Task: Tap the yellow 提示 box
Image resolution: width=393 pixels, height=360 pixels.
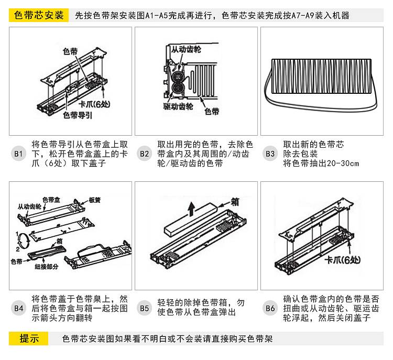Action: point(30,338)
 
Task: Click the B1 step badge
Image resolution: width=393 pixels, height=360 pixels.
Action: point(18,154)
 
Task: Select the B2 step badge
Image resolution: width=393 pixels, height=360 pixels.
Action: point(144,154)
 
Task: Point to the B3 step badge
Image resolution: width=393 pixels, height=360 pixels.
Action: point(270,154)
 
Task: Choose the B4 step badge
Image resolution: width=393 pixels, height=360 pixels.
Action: point(18,308)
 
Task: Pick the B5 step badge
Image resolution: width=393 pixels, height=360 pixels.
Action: point(144,308)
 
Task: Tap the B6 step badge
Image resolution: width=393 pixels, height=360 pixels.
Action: point(270,308)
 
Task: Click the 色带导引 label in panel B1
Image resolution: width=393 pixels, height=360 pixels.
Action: point(77,115)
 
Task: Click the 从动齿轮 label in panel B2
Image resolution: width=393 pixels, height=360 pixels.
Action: point(184,49)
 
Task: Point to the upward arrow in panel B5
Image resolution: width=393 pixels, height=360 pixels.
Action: point(191,208)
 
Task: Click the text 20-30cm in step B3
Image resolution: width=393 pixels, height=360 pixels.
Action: point(343,163)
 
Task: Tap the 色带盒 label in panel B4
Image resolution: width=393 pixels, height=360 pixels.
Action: point(51,199)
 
